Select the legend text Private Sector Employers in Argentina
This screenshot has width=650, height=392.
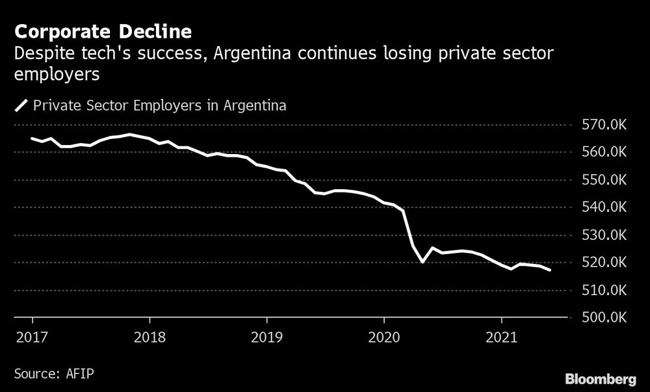point(160,105)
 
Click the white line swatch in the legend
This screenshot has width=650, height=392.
point(21,105)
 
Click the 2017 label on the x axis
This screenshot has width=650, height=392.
point(32,337)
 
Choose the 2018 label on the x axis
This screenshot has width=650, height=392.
point(149,337)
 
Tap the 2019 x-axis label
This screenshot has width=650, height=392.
point(266,337)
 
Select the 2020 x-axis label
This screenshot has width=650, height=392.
point(383,337)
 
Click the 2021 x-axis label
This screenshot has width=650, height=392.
point(501,337)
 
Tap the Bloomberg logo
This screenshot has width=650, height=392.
point(601,378)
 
